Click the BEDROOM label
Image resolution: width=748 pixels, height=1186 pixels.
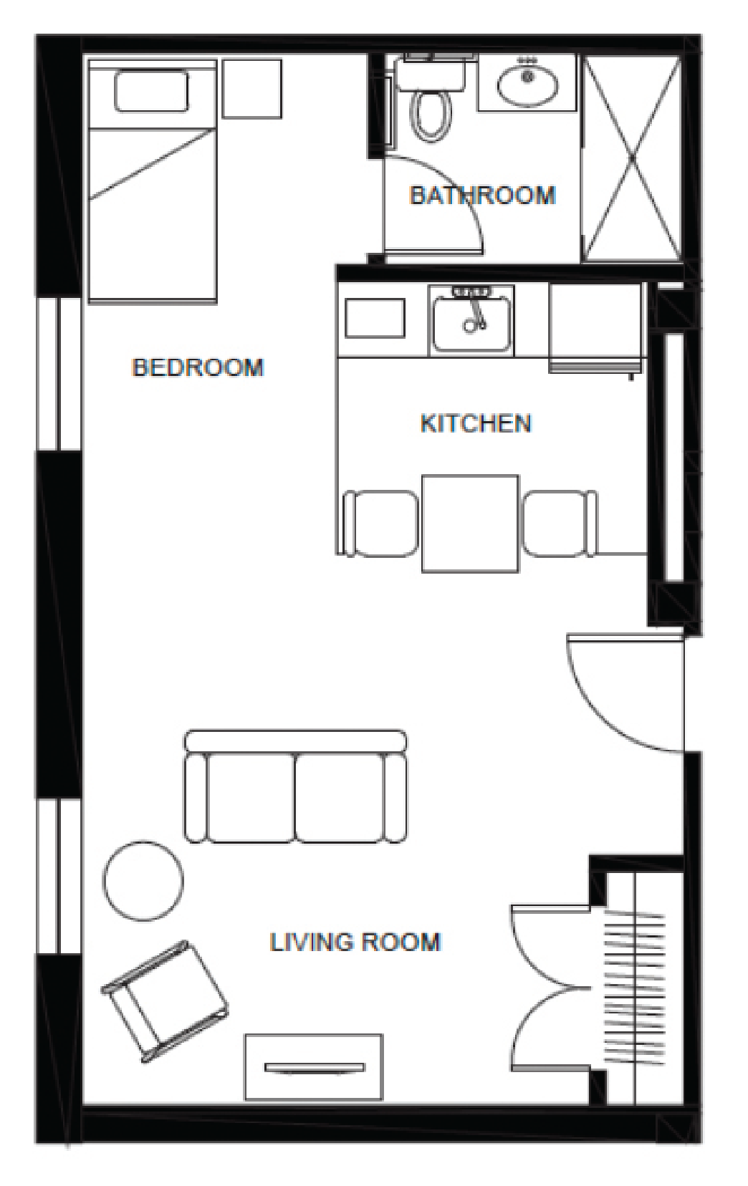(x=198, y=367)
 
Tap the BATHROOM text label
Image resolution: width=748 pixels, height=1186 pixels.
(x=483, y=196)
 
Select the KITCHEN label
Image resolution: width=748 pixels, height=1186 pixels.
(x=476, y=423)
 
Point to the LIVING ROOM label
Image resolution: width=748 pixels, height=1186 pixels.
(x=355, y=942)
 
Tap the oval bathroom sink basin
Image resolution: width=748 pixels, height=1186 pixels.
(x=527, y=84)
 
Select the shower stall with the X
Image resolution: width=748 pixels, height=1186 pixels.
(x=631, y=158)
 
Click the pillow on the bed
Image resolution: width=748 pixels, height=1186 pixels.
(x=151, y=91)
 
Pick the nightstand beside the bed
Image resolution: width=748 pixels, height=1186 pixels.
(x=251, y=89)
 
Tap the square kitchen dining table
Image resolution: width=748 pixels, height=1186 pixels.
(x=470, y=524)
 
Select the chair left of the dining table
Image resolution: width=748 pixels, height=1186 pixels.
(x=380, y=524)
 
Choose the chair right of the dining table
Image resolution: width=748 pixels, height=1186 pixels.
(x=560, y=524)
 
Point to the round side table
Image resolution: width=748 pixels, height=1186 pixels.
(x=143, y=881)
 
